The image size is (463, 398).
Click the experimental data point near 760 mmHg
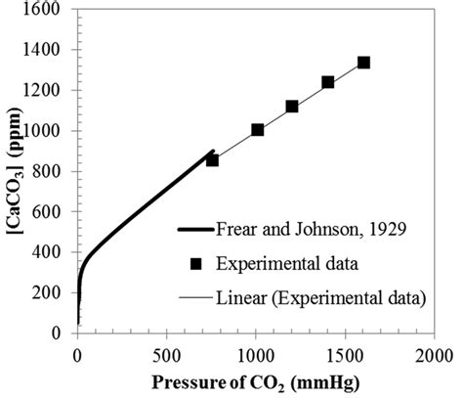(212, 159)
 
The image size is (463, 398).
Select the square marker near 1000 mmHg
(258, 129)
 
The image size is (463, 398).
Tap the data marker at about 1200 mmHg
(292, 106)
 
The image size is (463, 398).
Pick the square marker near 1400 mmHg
(328, 82)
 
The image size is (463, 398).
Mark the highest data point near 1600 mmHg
(363, 63)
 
